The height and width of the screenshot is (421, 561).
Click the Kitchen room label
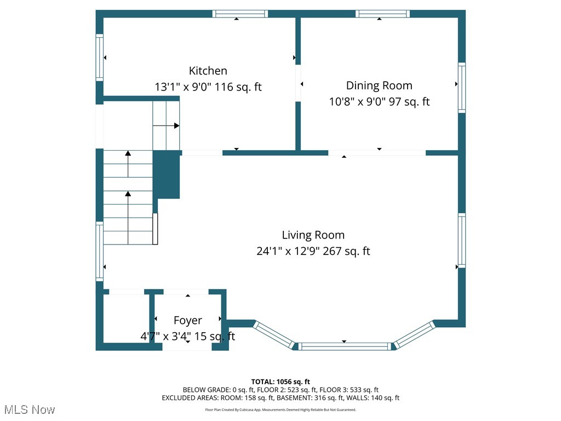[208, 71]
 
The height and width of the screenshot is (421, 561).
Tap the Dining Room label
[379, 86]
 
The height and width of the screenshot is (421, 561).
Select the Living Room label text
[313, 235]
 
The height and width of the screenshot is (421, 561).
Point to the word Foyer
[188, 320]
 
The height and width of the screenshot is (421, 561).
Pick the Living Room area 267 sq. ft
[346, 251]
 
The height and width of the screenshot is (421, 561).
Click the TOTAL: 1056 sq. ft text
[280, 382]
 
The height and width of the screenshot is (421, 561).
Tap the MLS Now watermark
[30, 409]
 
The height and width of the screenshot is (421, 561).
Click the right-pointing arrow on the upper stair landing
[166, 126]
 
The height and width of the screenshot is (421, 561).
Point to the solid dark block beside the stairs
[167, 174]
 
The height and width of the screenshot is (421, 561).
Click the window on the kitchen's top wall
[240, 14]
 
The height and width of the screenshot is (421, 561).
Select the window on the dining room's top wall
[383, 14]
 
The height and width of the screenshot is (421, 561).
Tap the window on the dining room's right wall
[462, 88]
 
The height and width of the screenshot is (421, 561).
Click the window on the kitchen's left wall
[100, 58]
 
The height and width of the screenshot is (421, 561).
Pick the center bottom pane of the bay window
[345, 346]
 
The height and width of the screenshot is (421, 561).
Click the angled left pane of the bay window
[274, 335]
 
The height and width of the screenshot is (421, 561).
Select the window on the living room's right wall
[462, 241]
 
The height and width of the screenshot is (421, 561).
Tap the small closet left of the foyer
[127, 318]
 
